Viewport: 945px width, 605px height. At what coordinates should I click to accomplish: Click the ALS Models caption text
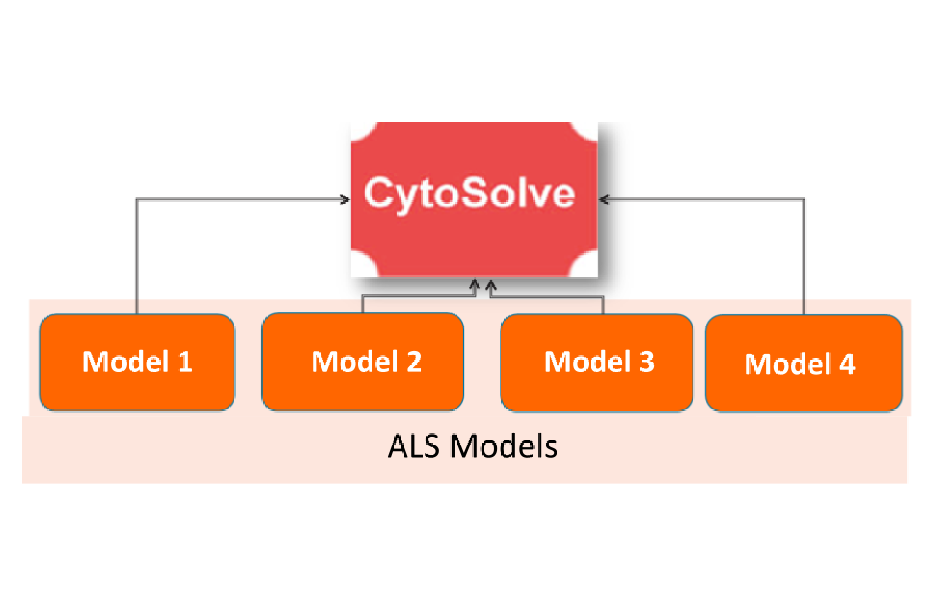[x=472, y=446]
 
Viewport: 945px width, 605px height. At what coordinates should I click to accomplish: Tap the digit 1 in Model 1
[x=185, y=362]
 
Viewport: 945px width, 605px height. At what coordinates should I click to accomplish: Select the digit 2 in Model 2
[x=414, y=362]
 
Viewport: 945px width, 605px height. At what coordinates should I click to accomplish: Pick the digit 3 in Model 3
[x=647, y=362]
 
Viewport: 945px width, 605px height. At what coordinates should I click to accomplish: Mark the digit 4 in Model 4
[x=847, y=364]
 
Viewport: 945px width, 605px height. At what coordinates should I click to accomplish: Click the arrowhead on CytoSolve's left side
[x=346, y=199]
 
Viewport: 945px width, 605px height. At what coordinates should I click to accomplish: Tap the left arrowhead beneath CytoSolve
[x=474, y=285]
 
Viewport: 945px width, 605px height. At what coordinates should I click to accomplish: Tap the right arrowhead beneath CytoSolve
[x=490, y=285]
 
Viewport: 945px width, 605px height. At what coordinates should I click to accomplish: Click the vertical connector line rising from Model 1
[x=137, y=258]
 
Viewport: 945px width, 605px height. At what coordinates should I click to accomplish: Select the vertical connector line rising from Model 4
[x=803, y=258]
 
